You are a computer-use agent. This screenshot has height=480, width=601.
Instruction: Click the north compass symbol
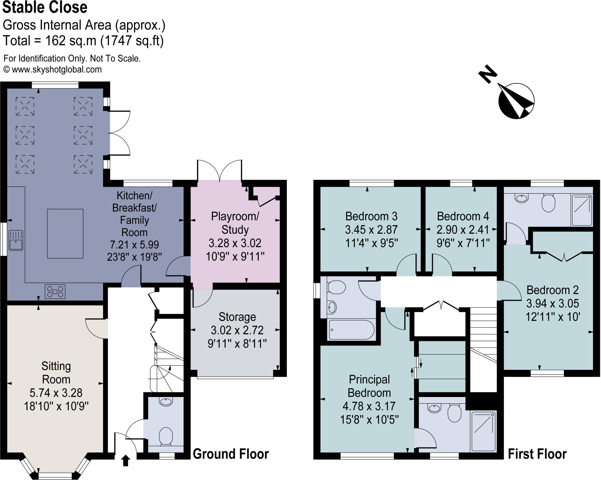coord(516,101)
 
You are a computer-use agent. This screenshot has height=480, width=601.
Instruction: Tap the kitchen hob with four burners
coord(55,291)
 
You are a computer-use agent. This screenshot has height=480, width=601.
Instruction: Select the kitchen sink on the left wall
coord(16,240)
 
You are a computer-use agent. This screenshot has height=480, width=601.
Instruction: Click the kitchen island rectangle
coord(65,233)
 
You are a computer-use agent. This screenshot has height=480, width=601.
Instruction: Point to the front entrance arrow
coord(126,460)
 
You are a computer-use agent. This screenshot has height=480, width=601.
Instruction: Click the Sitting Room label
coord(56,373)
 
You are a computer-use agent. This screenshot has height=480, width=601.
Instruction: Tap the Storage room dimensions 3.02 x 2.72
coord(237,330)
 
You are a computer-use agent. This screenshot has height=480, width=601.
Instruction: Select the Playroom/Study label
coord(235,223)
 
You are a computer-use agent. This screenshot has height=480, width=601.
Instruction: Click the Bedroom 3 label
coord(371,216)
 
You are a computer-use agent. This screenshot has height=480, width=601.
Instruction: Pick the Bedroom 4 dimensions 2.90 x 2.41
coord(463,230)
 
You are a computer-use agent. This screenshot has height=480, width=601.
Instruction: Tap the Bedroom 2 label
coord(552,290)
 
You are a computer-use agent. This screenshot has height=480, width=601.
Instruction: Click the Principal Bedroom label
coord(369,386)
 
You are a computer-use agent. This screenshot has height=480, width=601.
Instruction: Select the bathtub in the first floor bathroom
coord(351,330)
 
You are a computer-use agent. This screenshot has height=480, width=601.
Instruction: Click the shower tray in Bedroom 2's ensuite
coord(582,210)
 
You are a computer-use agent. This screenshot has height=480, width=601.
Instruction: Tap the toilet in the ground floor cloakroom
coord(166,436)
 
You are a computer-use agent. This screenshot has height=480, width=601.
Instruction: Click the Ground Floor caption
coord(231,454)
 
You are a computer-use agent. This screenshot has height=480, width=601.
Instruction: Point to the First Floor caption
coord(537,454)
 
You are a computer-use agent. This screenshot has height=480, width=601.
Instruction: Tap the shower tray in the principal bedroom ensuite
coord(483,431)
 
